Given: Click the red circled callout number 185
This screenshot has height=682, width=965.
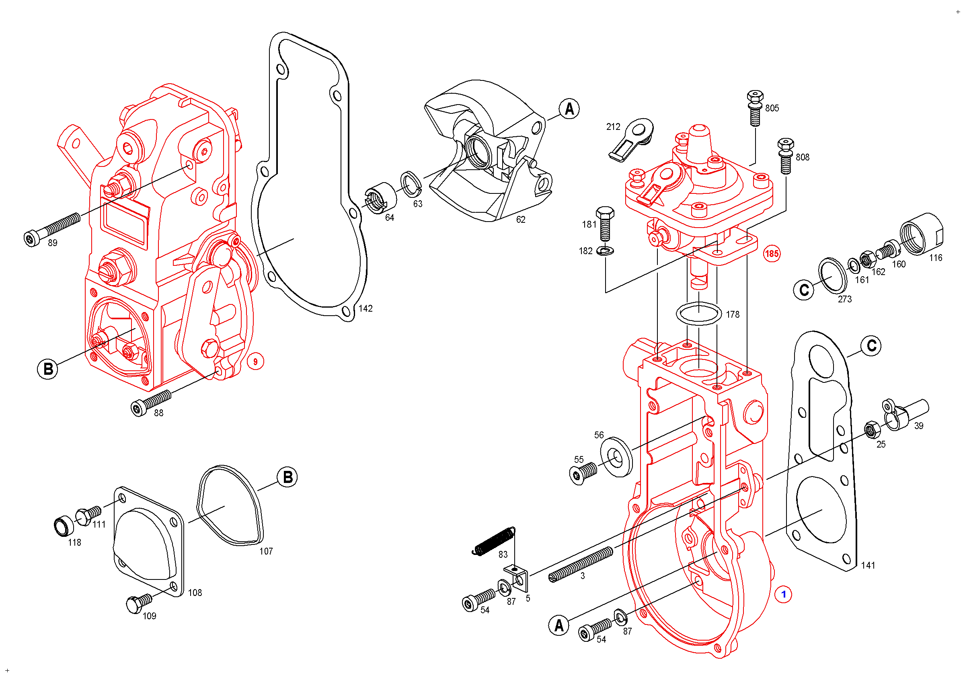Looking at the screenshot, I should click(772, 254).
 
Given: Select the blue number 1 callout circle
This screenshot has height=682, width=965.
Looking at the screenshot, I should click(783, 595).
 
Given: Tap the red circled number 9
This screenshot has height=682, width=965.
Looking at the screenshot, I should click(255, 362).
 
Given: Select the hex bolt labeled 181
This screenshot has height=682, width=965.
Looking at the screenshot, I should click(605, 223).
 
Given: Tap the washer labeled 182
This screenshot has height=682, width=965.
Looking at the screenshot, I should click(605, 251).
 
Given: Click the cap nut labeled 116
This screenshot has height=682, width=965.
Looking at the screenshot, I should click(921, 234).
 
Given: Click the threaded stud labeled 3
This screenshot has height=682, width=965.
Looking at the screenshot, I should click(581, 564).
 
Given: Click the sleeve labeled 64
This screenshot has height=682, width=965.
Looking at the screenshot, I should click(380, 198).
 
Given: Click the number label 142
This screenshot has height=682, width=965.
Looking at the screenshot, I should click(365, 309).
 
